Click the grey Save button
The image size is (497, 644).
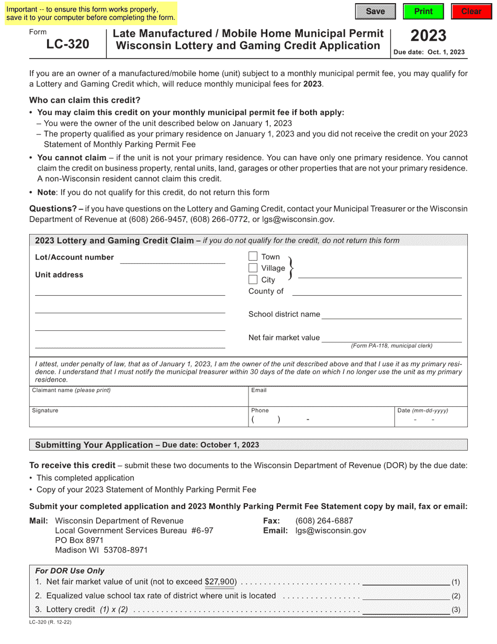[375, 12]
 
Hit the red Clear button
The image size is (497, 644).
[471, 12]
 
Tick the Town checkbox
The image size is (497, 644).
[253, 257]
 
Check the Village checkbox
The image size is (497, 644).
[253, 268]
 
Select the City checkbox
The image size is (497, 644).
[253, 280]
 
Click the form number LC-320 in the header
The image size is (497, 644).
[67, 44]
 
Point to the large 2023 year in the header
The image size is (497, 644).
[428, 36]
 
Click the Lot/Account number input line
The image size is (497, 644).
[173, 258]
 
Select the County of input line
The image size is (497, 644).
[377, 291]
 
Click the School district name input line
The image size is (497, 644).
[391, 314]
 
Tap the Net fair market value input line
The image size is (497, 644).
[391, 337]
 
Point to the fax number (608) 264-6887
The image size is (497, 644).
[324, 520]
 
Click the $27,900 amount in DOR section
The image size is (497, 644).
[220, 582]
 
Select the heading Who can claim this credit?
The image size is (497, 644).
[85, 100]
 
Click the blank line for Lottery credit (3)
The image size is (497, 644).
[405, 609]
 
